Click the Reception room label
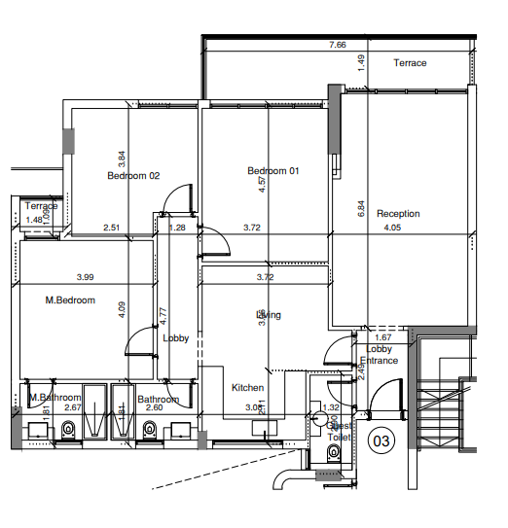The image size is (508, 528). [x=398, y=214]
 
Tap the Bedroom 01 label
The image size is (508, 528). [x=272, y=171]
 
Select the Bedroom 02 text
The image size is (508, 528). [x=133, y=176]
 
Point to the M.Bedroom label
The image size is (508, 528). [x=70, y=300]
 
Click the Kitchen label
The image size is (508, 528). [x=247, y=388]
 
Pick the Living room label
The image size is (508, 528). [x=269, y=315]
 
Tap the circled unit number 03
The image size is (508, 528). [x=381, y=441]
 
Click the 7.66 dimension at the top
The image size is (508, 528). [x=338, y=46]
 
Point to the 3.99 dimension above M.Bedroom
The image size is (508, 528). [x=86, y=277]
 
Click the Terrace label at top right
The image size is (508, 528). [x=410, y=63]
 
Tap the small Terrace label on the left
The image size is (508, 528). [x=41, y=206]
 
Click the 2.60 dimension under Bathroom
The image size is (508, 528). [x=154, y=407]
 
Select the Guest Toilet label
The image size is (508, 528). [x=338, y=432]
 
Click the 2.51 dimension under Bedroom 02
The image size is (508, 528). [x=112, y=229]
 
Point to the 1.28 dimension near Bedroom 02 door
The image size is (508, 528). [x=177, y=229]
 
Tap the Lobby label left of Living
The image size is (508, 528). [x=176, y=338]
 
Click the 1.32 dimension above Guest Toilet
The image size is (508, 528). [x=330, y=407]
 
